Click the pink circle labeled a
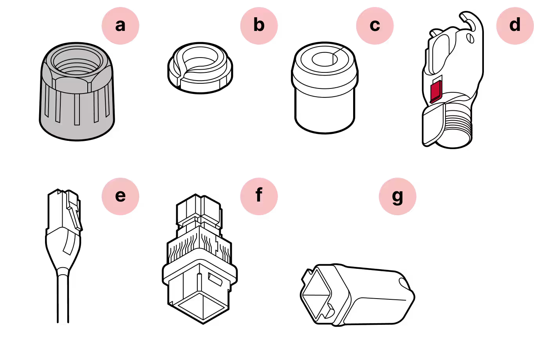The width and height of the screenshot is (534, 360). click(120, 25)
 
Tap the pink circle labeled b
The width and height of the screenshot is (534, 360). click(259, 25)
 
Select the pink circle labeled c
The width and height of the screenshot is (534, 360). click(375, 25)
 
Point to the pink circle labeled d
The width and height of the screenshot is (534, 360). click(514, 25)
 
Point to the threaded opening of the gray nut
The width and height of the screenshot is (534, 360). click(77, 63)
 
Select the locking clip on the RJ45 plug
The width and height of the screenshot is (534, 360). click(74, 215)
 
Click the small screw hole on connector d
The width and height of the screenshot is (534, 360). click(471, 38)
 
